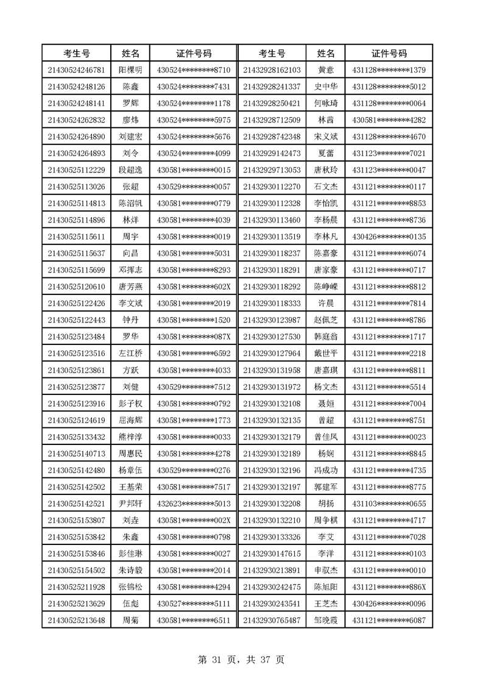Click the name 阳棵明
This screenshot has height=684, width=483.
(130, 70)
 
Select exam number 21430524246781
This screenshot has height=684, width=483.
(76, 70)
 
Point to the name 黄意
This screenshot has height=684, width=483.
(326, 70)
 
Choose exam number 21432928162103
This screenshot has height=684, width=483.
(272, 70)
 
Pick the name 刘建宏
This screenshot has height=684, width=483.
(130, 137)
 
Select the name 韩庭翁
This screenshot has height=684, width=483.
(326, 337)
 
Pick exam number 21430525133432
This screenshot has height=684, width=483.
(76, 437)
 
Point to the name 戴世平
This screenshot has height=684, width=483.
(326, 354)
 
